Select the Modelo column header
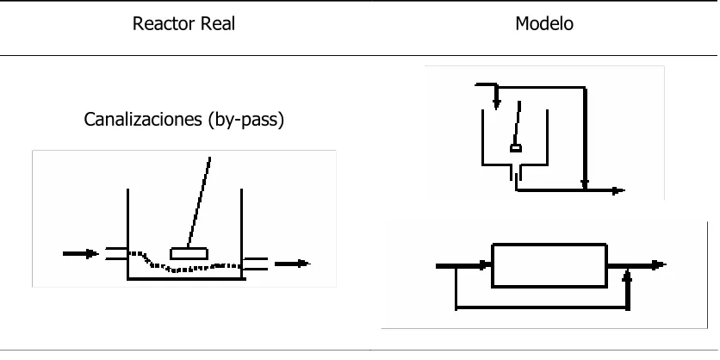click(x=544, y=23)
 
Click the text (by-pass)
click(x=245, y=120)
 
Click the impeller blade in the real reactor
click(x=189, y=254)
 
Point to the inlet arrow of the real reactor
click(x=81, y=253)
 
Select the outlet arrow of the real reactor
click(x=293, y=264)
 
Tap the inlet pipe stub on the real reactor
click(x=116, y=253)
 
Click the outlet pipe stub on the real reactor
click(x=255, y=264)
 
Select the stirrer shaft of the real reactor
click(x=199, y=202)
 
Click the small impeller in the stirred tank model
click(x=516, y=148)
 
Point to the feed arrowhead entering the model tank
click(x=496, y=104)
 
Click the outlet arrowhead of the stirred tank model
click(x=619, y=190)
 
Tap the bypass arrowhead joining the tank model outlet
click(x=585, y=184)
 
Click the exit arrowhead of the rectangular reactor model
click(x=660, y=265)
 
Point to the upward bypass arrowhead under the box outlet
click(x=628, y=275)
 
